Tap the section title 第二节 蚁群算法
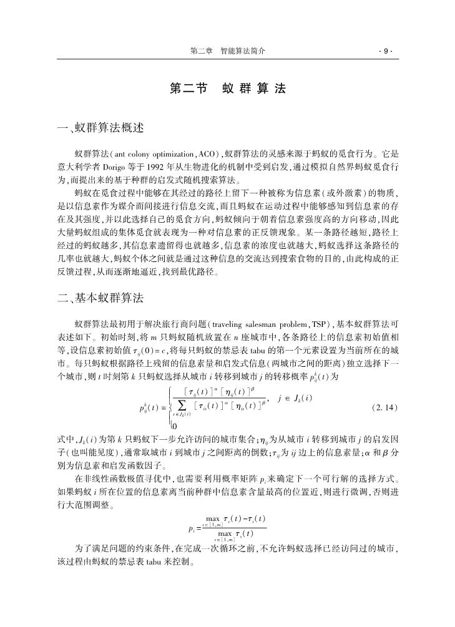coord(227,89)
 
